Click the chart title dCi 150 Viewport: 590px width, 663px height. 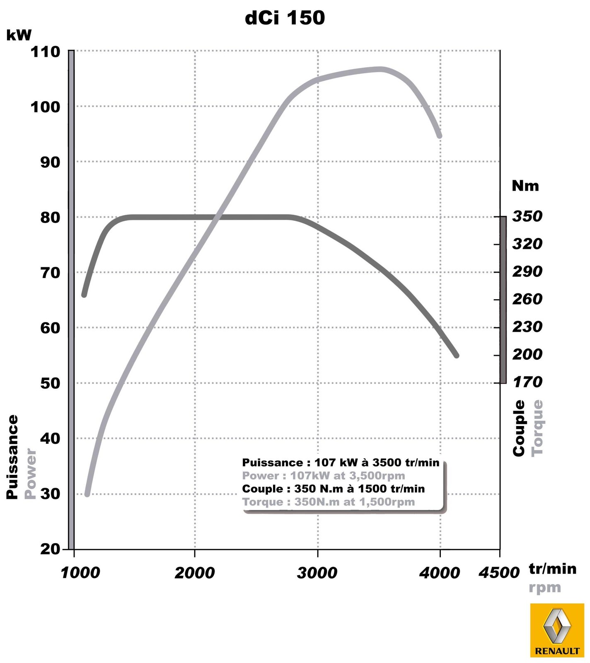pyautogui.click(x=285, y=18)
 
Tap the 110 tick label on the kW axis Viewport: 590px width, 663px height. pyautogui.click(x=45, y=52)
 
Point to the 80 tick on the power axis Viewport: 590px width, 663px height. pyautogui.click(x=50, y=217)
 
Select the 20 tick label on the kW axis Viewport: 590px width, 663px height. pyautogui.click(x=51, y=549)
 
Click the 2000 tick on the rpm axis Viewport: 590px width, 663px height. pyautogui.click(x=194, y=573)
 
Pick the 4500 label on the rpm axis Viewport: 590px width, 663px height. pyautogui.click(x=499, y=573)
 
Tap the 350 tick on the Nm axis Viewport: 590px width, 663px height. pyautogui.click(x=527, y=216)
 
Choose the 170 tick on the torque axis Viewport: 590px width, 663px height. pyautogui.click(x=527, y=382)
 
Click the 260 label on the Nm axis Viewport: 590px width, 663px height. pyautogui.click(x=527, y=299)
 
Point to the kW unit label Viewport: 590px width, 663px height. pyautogui.click(x=19, y=35)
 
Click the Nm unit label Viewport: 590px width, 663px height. pyautogui.click(x=525, y=186)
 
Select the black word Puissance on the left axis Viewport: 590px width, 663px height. pyautogui.click(x=12, y=457)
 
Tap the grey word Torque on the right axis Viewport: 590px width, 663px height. pyautogui.click(x=537, y=428)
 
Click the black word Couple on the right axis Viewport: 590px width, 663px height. pyautogui.click(x=519, y=428)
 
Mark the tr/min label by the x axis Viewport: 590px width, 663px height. pyautogui.click(x=552, y=569)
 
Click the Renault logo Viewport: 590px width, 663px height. pyautogui.click(x=556, y=630)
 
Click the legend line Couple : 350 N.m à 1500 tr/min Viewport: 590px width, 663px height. pyautogui.click(x=334, y=489)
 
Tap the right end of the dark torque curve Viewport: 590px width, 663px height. pyautogui.click(x=457, y=355)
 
